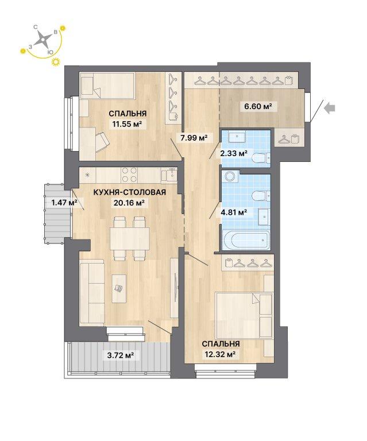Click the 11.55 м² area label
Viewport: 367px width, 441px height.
128,124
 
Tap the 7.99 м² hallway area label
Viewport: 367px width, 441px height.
194,138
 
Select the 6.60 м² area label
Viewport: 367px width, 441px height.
258,106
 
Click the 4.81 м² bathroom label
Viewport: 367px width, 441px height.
234,212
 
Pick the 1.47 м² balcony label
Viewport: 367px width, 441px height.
64,202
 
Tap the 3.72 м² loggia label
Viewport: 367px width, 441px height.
120,355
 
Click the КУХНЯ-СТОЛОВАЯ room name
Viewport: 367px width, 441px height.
129,192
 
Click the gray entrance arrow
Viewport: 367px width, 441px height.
330,108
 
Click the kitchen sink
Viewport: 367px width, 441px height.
169,175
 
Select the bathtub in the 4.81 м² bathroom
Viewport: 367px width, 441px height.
246,241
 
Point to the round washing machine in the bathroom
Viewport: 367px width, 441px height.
230,177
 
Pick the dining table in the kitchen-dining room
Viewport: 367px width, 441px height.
130,238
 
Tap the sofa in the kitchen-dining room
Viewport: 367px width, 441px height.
92,292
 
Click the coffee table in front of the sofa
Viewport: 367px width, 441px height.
119,288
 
